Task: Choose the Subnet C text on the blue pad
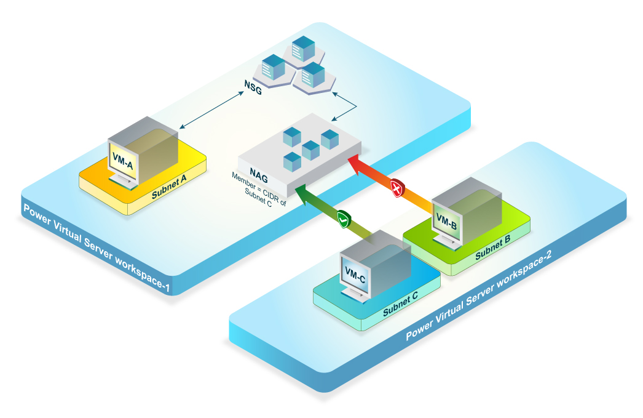400,303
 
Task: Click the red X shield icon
398,188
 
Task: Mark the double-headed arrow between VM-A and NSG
209,110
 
